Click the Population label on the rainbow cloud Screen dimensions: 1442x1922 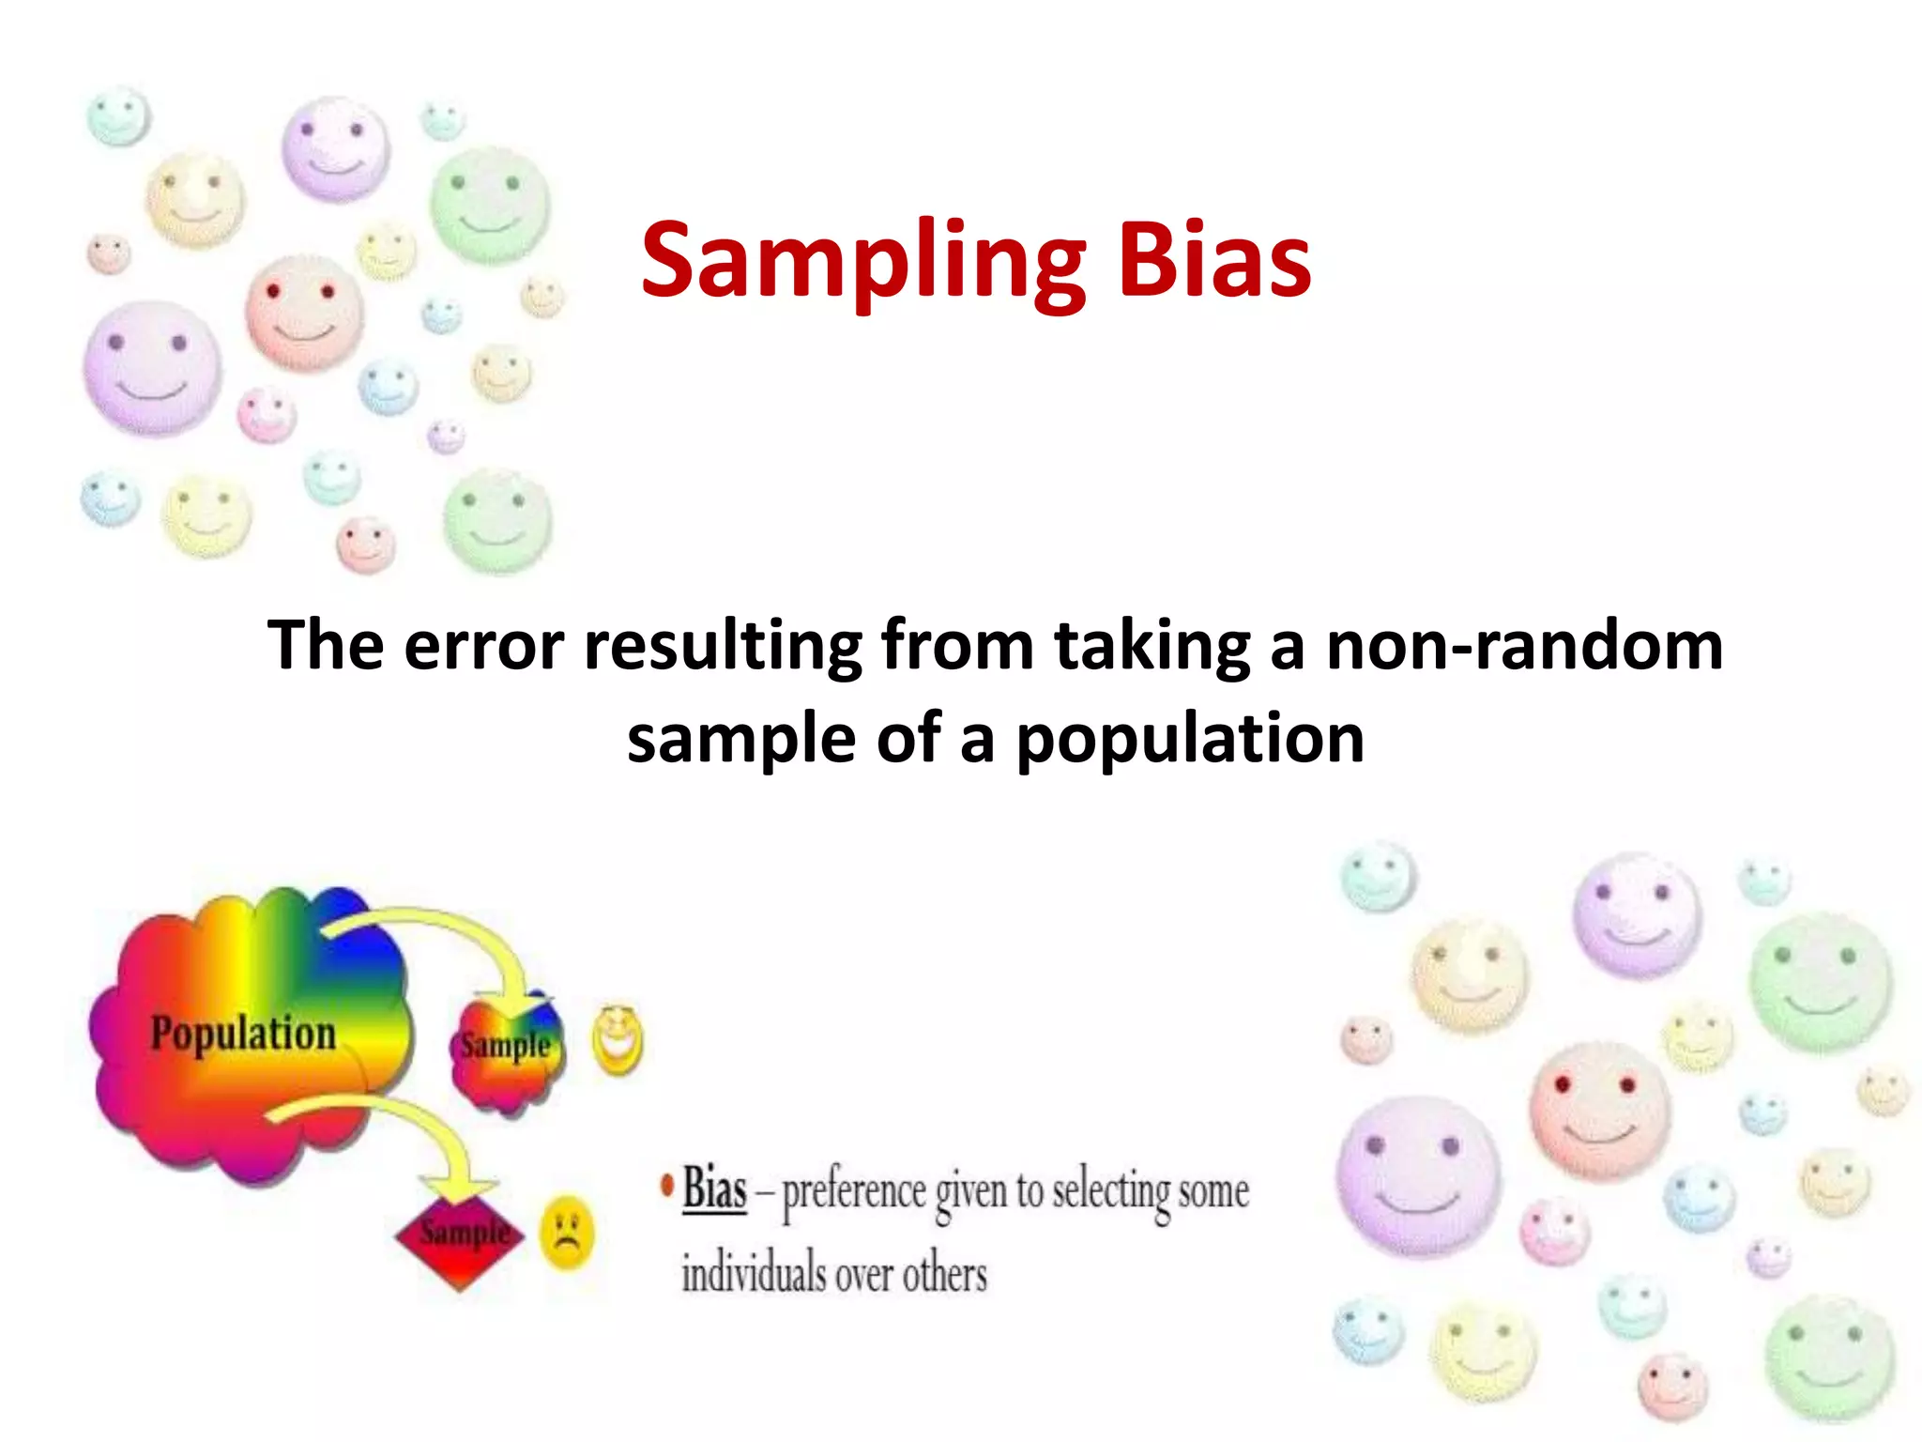243,1033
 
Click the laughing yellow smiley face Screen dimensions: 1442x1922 617,1040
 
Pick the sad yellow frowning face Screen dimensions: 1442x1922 566,1231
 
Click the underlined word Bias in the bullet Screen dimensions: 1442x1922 714,1189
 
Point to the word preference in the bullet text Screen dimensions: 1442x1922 854,1192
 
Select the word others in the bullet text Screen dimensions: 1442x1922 945,1275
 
